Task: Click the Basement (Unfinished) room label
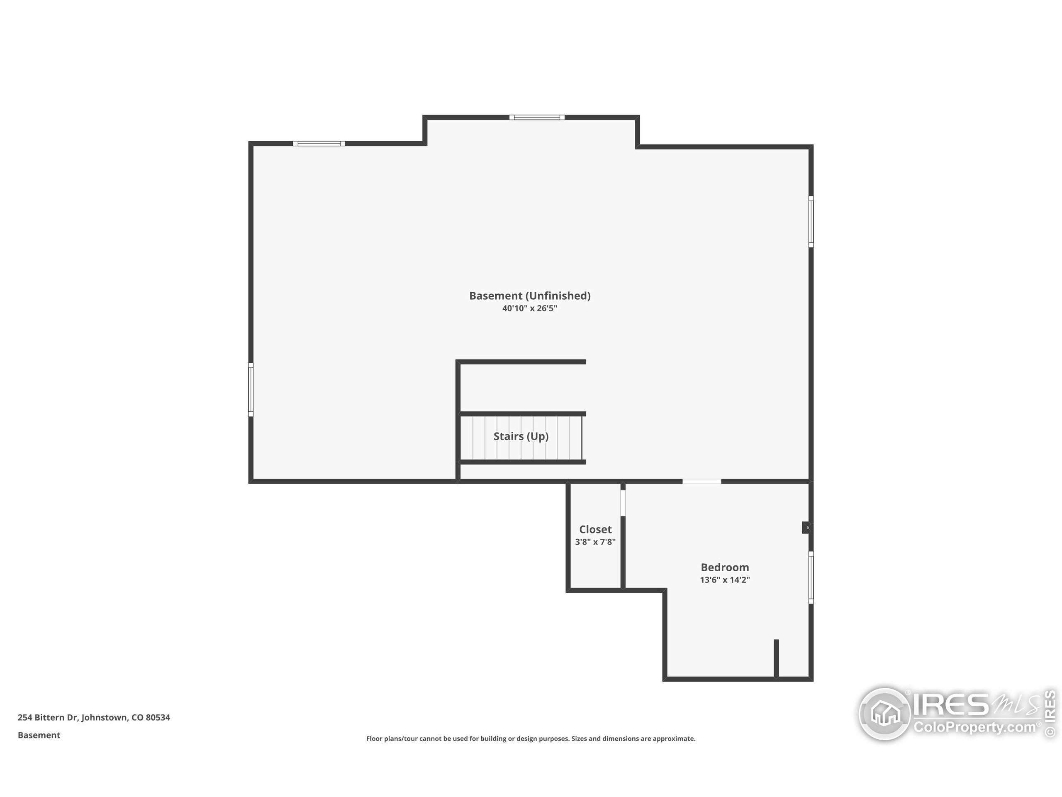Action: point(530,296)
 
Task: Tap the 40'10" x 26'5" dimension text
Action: point(530,308)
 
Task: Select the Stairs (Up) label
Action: point(521,436)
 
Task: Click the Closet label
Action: point(595,529)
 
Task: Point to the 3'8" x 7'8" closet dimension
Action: point(595,542)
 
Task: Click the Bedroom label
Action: point(724,567)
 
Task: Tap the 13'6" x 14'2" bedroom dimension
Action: point(724,580)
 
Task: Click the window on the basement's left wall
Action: point(251,389)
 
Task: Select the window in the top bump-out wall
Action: point(537,117)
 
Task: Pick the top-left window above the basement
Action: point(319,143)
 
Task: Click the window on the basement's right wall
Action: point(811,222)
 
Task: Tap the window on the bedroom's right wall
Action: point(811,577)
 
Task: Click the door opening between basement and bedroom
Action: point(702,482)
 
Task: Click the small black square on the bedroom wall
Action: point(806,528)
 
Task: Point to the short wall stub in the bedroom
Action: point(776,658)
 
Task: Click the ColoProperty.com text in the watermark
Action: point(974,727)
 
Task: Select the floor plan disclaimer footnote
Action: point(531,738)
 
